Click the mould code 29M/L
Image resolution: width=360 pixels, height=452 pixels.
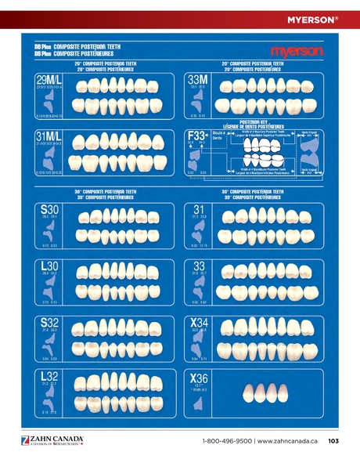49,81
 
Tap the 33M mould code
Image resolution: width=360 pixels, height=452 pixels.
198,80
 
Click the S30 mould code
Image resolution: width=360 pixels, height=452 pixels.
49,210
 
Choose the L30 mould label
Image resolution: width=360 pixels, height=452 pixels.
49,267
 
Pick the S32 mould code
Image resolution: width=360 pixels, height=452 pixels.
49,324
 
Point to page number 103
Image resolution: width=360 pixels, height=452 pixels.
333,441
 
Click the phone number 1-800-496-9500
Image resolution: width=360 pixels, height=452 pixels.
226,441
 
